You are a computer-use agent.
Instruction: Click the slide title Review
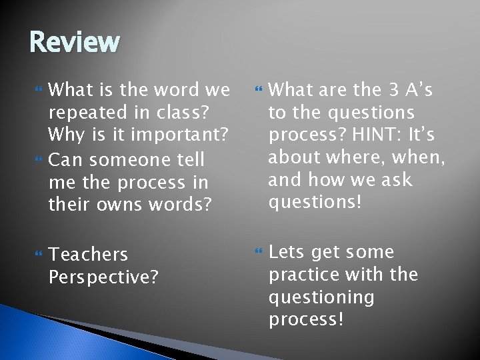click(75, 43)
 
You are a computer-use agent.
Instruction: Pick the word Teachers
click(89, 255)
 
